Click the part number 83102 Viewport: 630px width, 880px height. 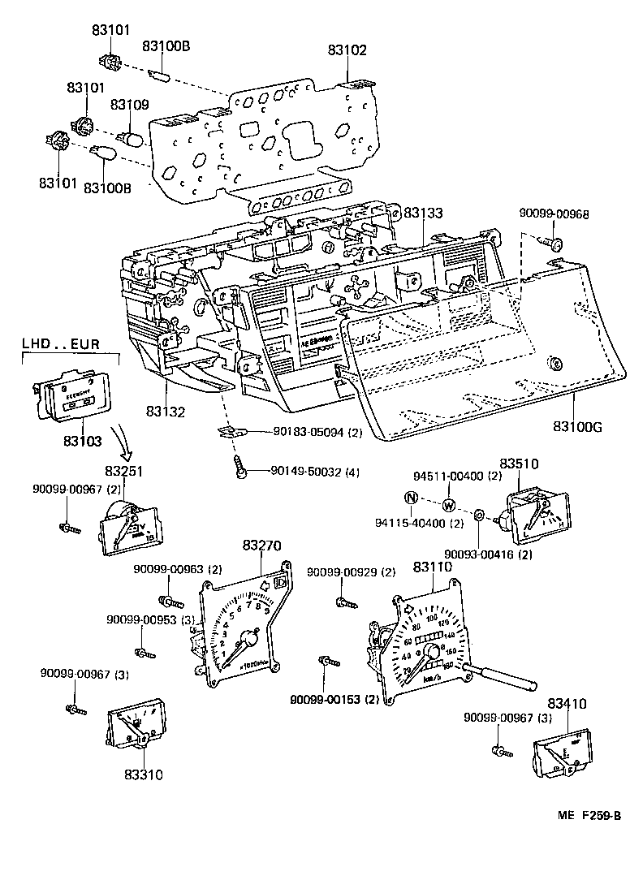click(x=347, y=50)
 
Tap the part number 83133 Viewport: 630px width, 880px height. click(x=423, y=213)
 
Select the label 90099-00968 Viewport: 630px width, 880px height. click(x=554, y=214)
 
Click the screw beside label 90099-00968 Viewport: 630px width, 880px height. click(x=554, y=240)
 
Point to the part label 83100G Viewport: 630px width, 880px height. click(x=581, y=426)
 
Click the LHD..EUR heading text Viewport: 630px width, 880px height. click(x=61, y=345)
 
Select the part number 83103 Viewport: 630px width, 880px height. click(x=82, y=442)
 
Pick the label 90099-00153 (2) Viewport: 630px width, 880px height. click(x=334, y=699)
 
